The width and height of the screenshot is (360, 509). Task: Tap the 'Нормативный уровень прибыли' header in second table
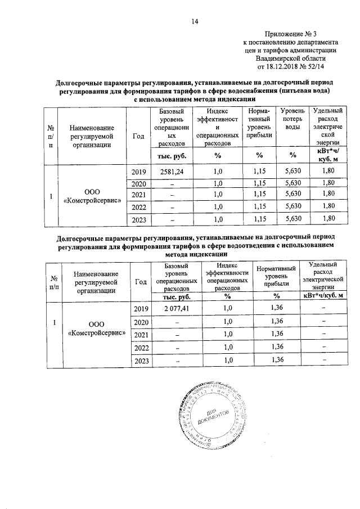coord(276,277)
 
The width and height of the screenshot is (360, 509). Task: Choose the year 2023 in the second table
coord(141,361)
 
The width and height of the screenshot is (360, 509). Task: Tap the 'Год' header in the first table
coord(138,136)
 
